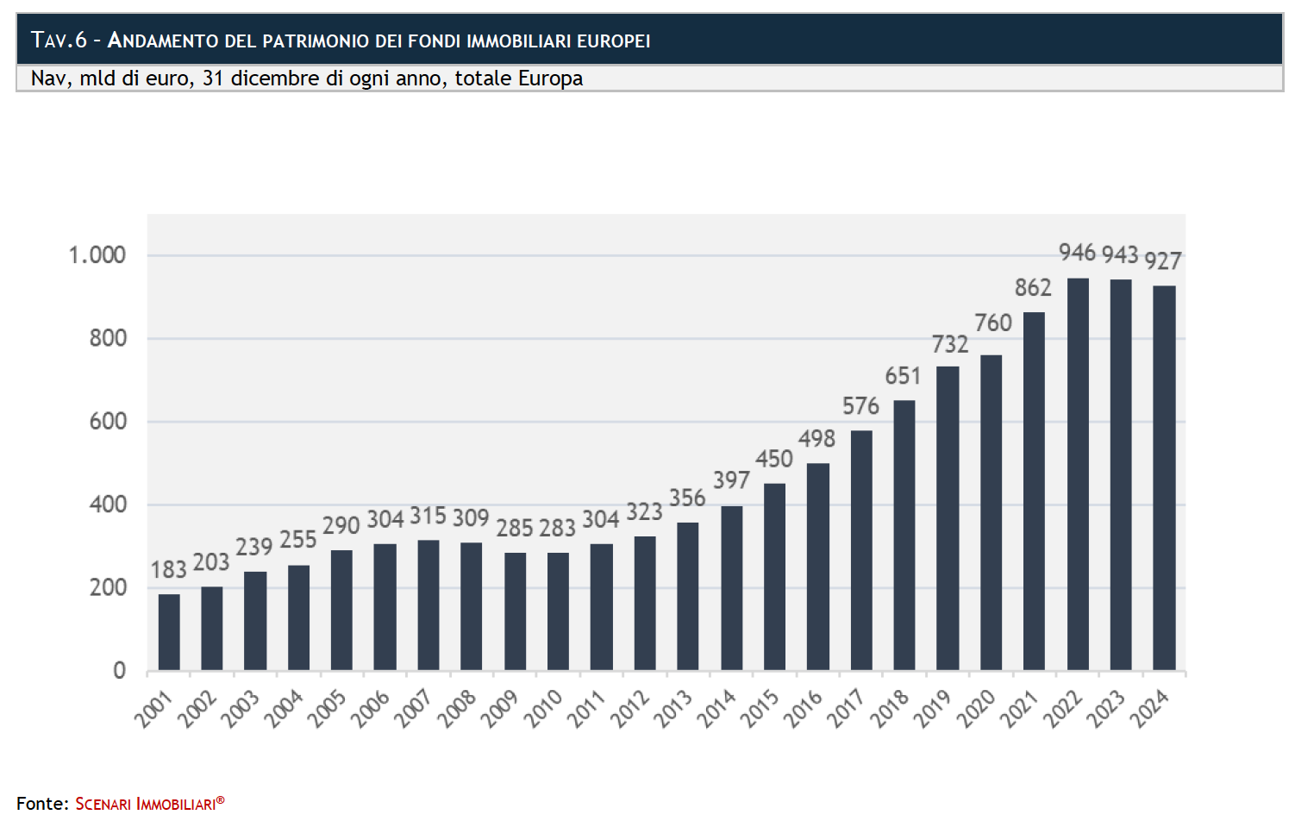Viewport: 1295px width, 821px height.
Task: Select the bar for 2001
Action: [169, 632]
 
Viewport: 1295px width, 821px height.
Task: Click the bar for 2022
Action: [1078, 474]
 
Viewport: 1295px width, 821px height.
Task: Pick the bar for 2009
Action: [515, 611]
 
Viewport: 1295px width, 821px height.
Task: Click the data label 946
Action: [1077, 253]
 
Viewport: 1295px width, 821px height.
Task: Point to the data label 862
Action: [1033, 288]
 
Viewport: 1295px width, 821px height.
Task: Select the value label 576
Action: [860, 406]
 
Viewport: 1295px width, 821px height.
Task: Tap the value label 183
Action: [168, 570]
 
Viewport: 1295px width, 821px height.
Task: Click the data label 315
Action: [428, 517]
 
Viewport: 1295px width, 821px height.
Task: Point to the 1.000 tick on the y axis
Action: [97, 255]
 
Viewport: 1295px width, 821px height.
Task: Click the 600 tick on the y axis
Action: [108, 422]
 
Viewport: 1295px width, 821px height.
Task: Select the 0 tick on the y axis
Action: [119, 671]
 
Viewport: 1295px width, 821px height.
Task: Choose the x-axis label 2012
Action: [629, 709]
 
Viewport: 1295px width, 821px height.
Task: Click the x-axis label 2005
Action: [327, 709]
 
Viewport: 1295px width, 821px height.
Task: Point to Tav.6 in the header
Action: [59, 41]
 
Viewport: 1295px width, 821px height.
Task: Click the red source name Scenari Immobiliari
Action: [149, 804]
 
